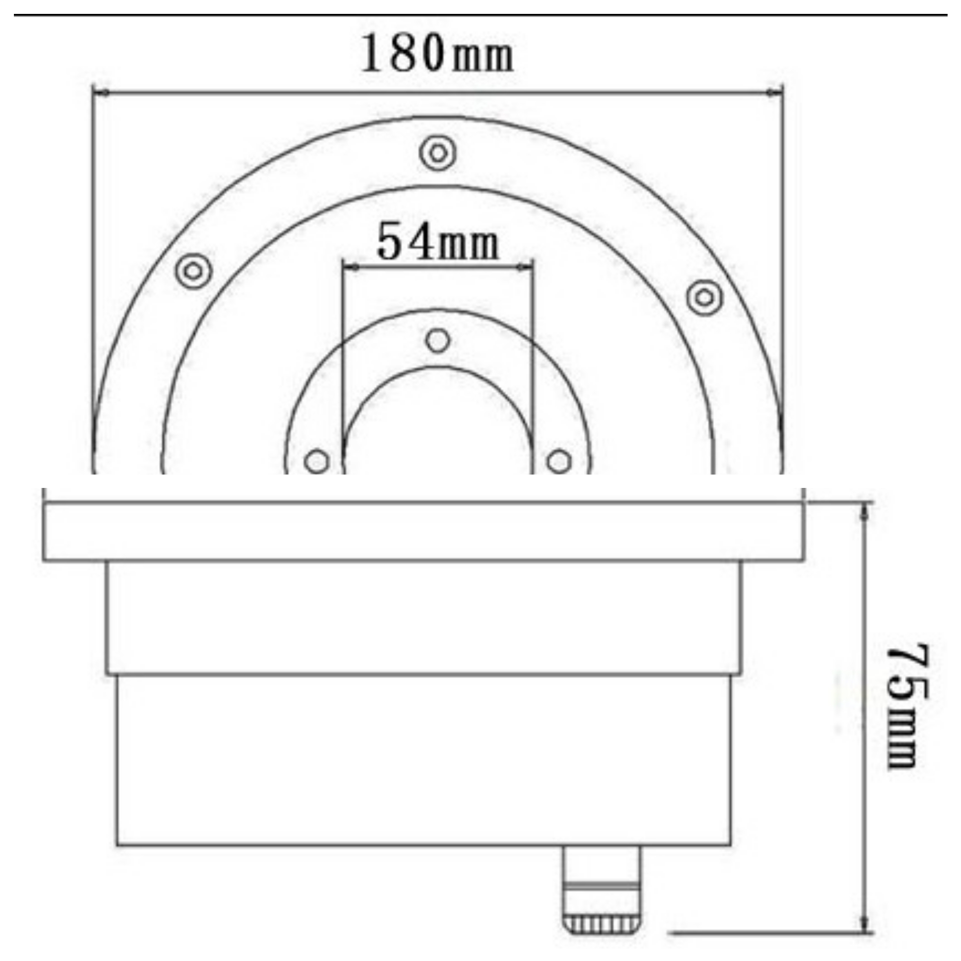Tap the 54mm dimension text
438,242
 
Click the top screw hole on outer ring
438,153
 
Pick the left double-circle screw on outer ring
194,271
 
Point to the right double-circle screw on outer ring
704,297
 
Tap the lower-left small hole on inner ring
316,462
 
